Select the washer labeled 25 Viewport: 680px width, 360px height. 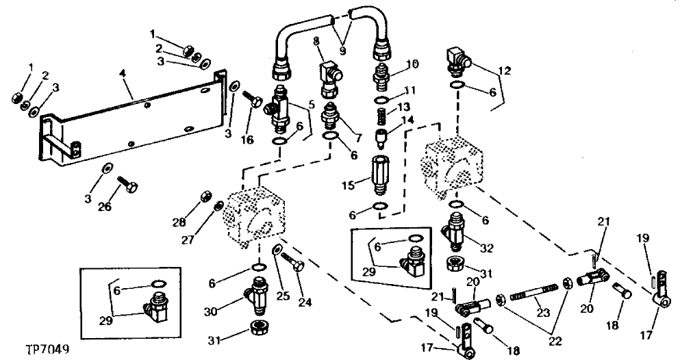tap(277, 250)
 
